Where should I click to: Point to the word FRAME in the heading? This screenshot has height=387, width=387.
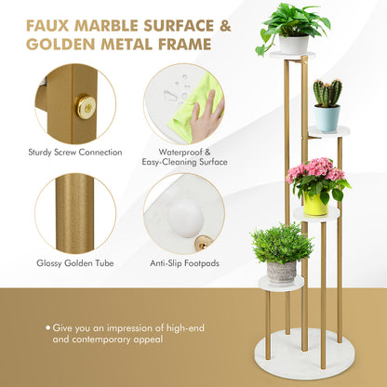[x=183, y=44]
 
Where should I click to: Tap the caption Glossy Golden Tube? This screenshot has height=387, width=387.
[x=74, y=263]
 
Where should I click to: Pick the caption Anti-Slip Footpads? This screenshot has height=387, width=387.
[x=184, y=263]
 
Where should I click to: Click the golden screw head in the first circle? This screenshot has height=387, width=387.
[x=86, y=107]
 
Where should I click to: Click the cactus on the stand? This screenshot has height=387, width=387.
[x=327, y=93]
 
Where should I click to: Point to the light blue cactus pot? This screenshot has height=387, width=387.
[x=327, y=118]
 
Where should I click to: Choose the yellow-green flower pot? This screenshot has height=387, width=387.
[x=316, y=203]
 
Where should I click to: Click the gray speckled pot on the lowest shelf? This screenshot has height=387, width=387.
[x=281, y=271]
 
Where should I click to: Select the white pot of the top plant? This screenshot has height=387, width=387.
[x=293, y=44]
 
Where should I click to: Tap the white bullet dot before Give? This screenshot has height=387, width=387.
[x=47, y=327]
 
